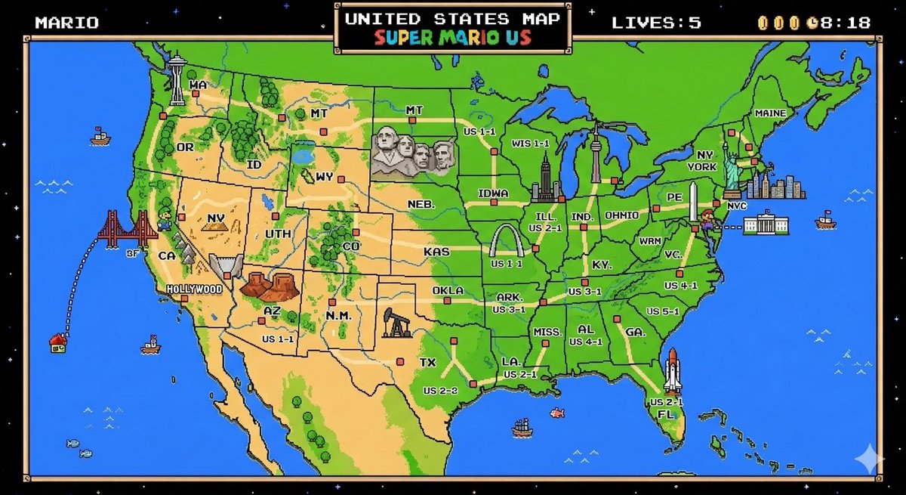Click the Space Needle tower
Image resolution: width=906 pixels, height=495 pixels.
(177, 79)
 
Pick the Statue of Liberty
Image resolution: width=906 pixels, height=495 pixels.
(732, 166)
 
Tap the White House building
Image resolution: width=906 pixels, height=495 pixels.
(766, 225)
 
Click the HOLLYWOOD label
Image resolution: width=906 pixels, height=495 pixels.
(194, 289)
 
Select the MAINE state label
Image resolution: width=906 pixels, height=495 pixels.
(770, 113)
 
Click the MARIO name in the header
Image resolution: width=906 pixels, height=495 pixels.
(66, 22)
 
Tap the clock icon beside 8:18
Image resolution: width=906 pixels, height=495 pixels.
(812, 22)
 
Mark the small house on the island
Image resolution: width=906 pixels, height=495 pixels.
(57, 344)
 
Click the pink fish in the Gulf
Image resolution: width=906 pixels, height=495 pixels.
(557, 413)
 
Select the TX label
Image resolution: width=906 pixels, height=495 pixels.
(428, 363)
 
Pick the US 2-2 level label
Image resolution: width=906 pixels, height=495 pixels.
(440, 391)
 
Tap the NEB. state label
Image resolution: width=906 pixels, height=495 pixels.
(421, 205)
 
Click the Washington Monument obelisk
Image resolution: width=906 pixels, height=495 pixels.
(693, 202)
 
